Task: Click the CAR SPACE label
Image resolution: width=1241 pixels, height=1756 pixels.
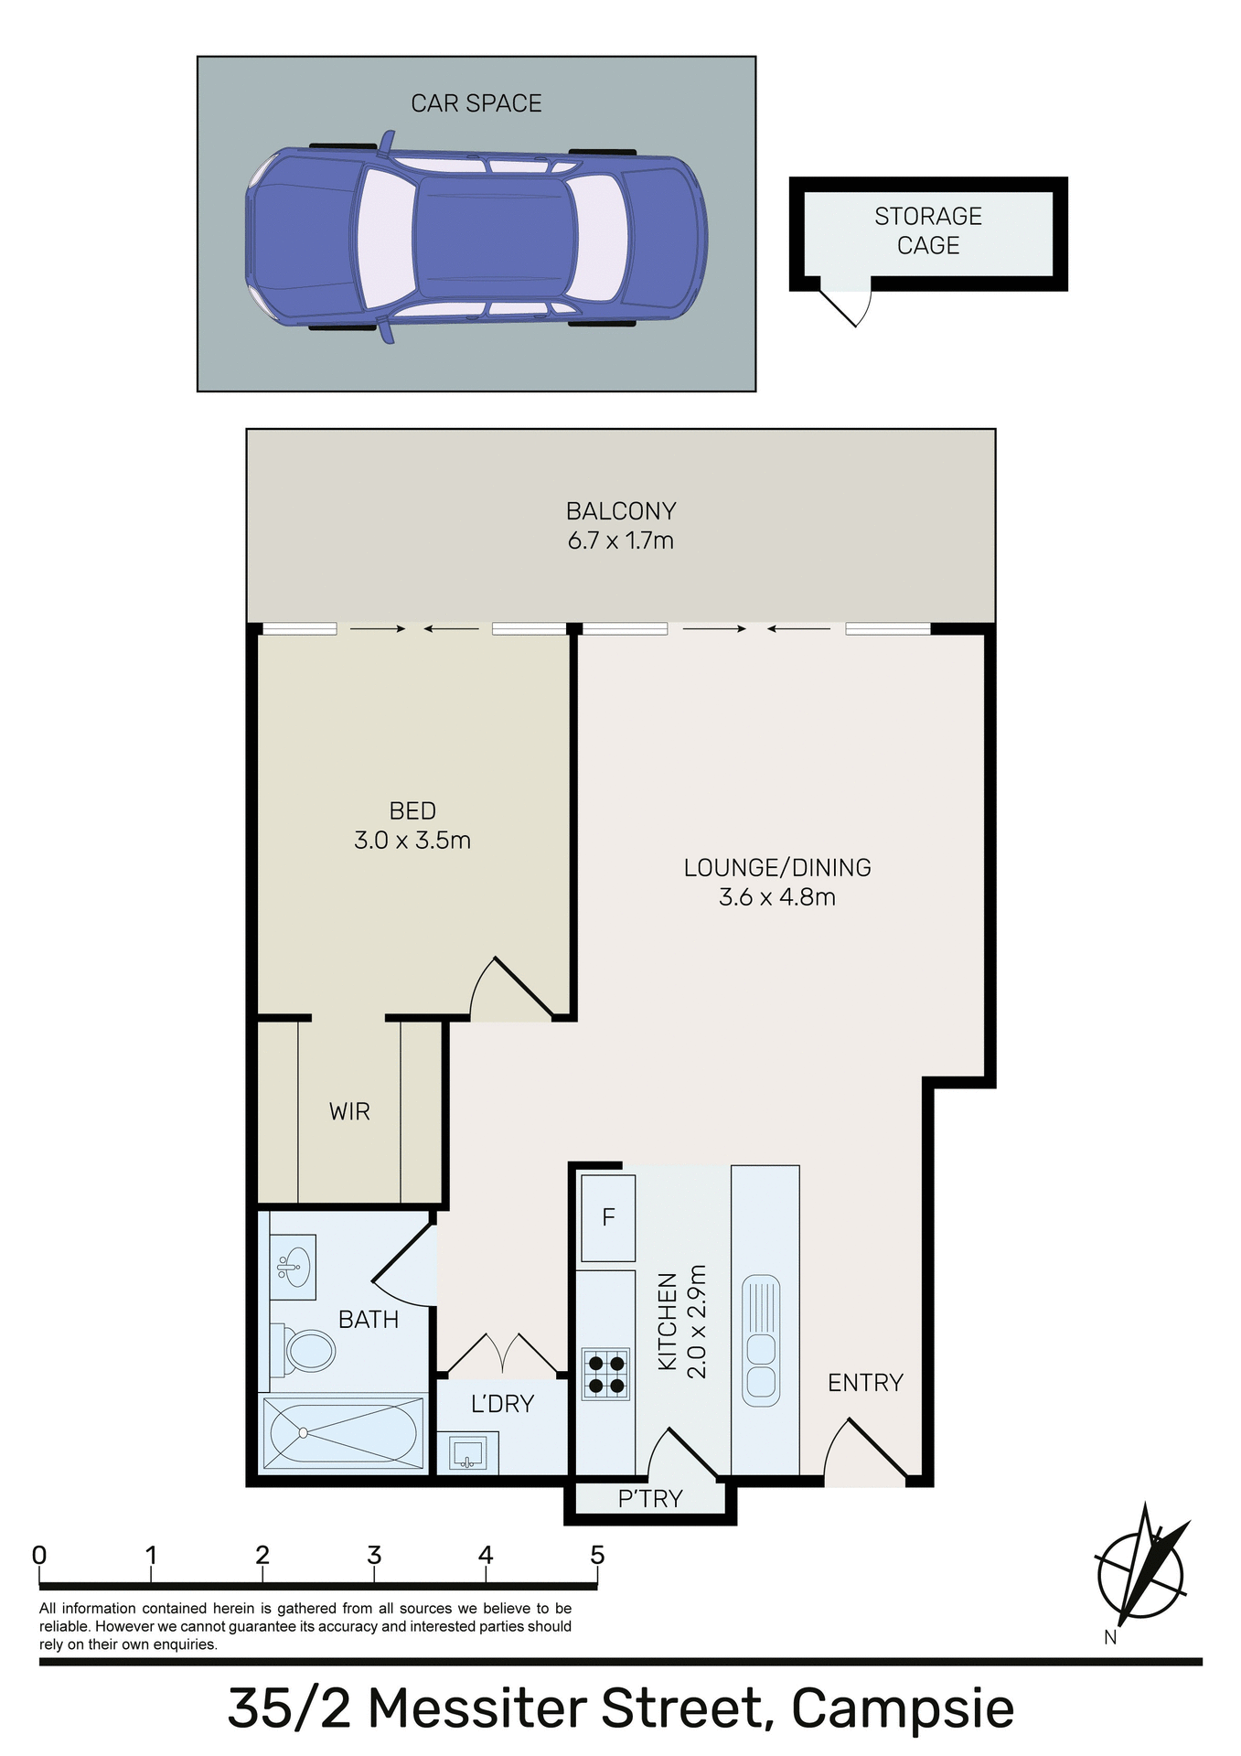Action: click(476, 103)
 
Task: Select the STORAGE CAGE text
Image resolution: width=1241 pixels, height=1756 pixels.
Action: click(927, 230)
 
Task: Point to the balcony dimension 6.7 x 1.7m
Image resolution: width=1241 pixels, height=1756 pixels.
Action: click(620, 541)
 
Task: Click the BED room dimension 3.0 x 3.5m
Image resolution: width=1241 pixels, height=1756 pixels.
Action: click(412, 841)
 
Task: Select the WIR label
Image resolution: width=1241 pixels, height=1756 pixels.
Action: click(349, 1111)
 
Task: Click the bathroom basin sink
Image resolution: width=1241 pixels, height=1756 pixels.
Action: click(294, 1267)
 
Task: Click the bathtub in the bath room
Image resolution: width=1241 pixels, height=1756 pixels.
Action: click(344, 1432)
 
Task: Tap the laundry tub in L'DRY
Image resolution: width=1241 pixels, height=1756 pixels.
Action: click(467, 1452)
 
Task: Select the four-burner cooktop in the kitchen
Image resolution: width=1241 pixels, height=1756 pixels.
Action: click(605, 1374)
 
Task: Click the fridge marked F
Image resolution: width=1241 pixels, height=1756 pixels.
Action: click(608, 1217)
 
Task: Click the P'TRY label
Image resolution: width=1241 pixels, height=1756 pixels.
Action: click(650, 1498)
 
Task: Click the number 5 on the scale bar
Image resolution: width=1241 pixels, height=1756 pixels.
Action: click(597, 1555)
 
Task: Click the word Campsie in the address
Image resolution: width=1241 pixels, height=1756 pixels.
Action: click(902, 1707)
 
